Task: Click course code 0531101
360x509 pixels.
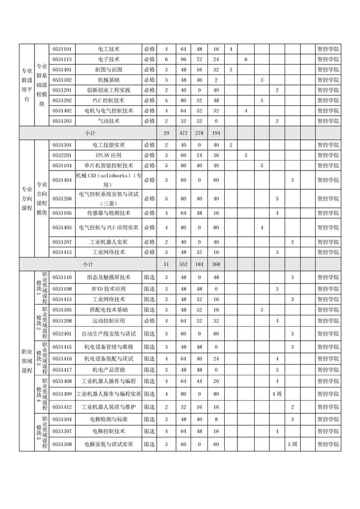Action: point(63,49)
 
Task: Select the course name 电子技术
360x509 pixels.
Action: point(108,59)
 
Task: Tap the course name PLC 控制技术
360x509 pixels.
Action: point(108,100)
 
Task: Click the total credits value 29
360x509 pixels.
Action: point(167,133)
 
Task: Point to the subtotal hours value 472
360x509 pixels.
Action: point(183,133)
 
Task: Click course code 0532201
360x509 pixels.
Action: point(63,156)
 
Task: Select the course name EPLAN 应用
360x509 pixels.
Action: point(108,156)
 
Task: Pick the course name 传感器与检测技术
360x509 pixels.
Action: point(108,213)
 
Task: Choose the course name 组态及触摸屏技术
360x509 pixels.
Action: point(108,277)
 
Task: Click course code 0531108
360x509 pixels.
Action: point(63,289)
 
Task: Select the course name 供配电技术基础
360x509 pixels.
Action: point(108,310)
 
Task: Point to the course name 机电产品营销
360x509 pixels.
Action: point(108,370)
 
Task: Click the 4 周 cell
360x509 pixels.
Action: point(277,393)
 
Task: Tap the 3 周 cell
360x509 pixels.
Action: point(292,444)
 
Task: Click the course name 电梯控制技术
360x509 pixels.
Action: point(108,431)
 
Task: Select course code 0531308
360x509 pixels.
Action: point(63,444)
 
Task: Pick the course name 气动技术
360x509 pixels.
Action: point(108,121)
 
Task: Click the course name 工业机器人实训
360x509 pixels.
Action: point(108,242)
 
